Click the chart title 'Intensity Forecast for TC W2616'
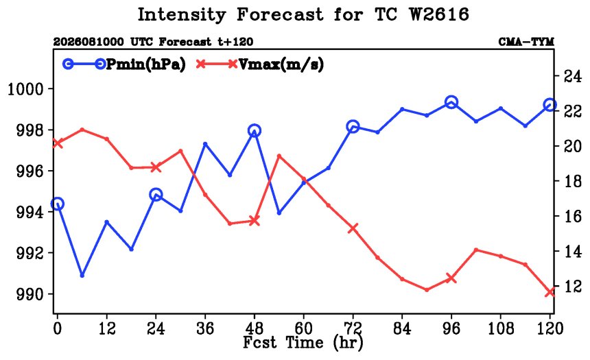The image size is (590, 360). pyautogui.click(x=303, y=14)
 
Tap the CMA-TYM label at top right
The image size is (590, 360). pyautogui.click(x=526, y=42)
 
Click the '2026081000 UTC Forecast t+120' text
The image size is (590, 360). pyautogui.click(x=153, y=42)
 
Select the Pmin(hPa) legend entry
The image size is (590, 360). pyautogui.click(x=124, y=64)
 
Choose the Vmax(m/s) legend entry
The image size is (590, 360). pyautogui.click(x=259, y=64)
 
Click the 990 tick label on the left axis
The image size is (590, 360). pyautogui.click(x=30, y=295)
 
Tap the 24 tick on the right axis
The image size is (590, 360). pyautogui.click(x=572, y=77)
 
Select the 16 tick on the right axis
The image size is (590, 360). pyautogui.click(x=572, y=216)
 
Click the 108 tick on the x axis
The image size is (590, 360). pyautogui.click(x=500, y=328)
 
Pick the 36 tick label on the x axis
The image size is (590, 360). pyautogui.click(x=205, y=328)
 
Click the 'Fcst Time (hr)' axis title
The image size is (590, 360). pyautogui.click(x=303, y=343)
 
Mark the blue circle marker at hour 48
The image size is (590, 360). pyautogui.click(x=255, y=131)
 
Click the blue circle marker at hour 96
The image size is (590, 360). pyautogui.click(x=451, y=102)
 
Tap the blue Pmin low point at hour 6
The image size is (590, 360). pyautogui.click(x=82, y=276)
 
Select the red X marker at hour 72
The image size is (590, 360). pyautogui.click(x=353, y=228)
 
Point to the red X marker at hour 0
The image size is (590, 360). pyautogui.click(x=57, y=143)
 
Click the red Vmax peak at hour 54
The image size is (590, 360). pyautogui.click(x=279, y=156)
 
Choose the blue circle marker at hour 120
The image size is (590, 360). pyautogui.click(x=550, y=105)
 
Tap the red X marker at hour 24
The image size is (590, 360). pyautogui.click(x=156, y=167)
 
